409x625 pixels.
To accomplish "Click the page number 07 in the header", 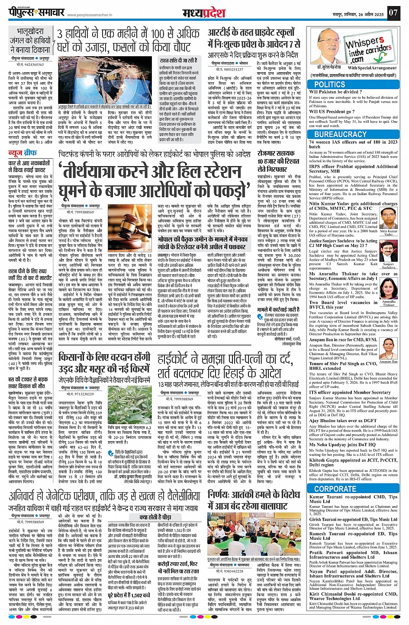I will pyautogui.click(x=393, y=13).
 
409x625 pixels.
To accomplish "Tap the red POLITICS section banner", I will pyautogui.click(x=329, y=84).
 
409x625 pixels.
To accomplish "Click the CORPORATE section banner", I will pyautogui.click(x=335, y=489).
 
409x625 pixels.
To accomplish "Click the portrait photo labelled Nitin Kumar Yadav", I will pyautogui.click(x=388, y=220).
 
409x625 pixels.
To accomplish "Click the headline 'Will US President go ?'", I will pyautogui.click(x=332, y=112).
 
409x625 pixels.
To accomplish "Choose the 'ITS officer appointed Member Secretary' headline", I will pyautogui.click(x=350, y=392).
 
